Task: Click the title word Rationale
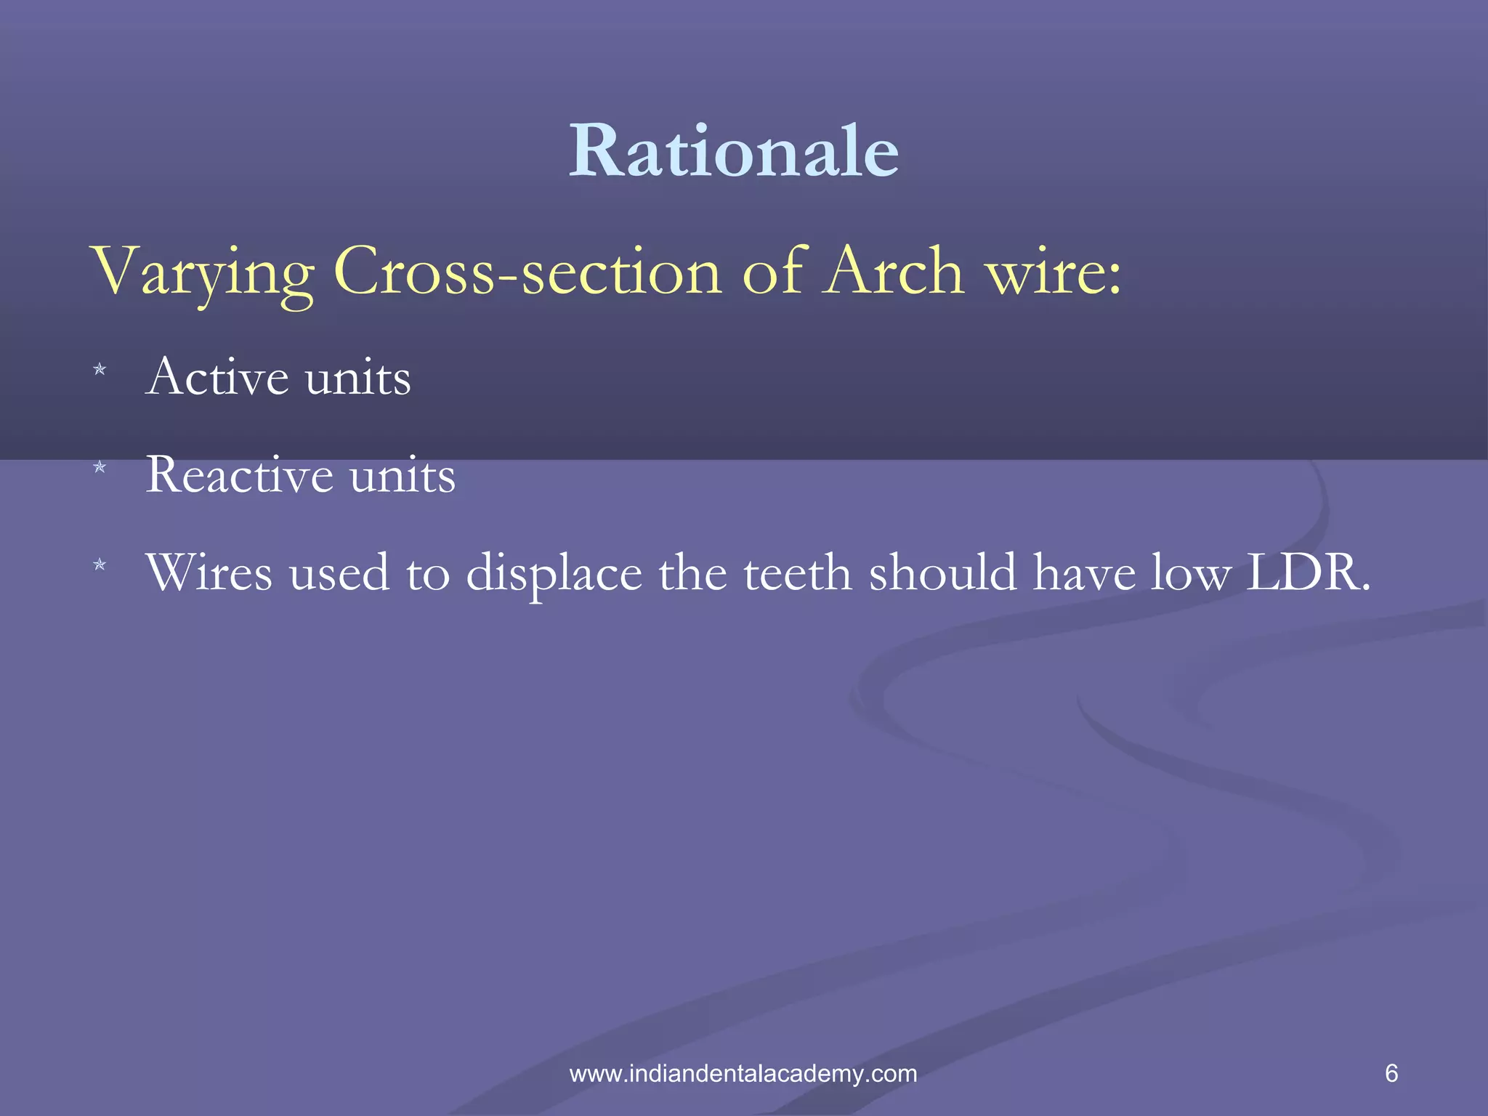point(734,150)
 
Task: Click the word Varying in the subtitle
point(202,272)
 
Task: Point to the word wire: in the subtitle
point(1053,272)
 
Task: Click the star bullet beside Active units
point(100,370)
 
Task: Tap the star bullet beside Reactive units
point(100,467)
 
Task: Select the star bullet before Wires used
point(100,564)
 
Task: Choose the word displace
point(554,574)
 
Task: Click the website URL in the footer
point(743,1073)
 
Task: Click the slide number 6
point(1391,1073)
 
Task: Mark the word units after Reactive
point(403,476)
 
